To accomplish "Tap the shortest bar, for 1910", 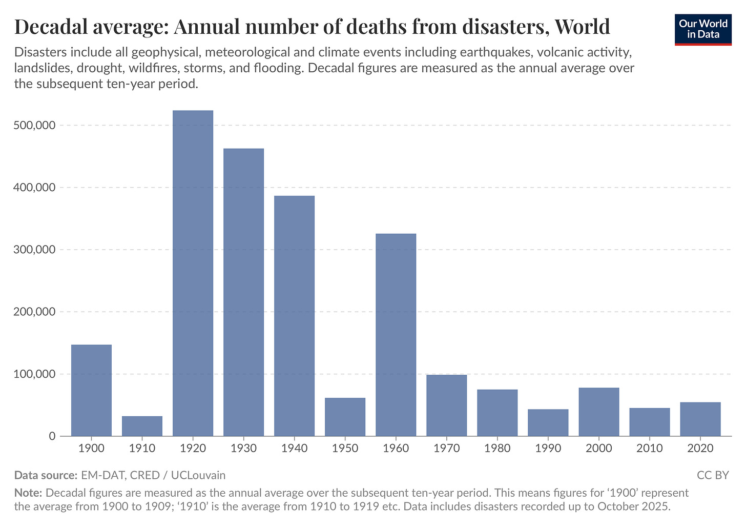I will point(142,426).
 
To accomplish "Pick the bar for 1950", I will point(345,417).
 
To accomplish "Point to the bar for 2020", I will point(700,419).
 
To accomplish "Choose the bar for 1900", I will point(91,390).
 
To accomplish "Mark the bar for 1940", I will point(294,316).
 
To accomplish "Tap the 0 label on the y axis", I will point(52,436).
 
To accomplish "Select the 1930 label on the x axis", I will point(243,449).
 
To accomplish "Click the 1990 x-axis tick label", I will point(548,449).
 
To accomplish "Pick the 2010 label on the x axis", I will point(649,449).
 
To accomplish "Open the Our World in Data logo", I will point(703,29).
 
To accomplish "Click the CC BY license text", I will point(712,475).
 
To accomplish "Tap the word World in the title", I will point(580,27).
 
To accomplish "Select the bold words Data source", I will point(46,475).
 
